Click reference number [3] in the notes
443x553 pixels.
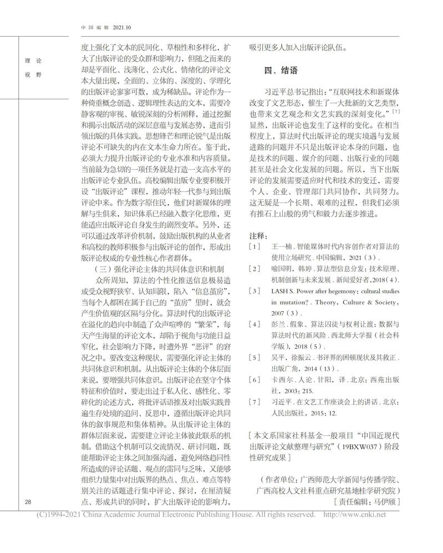click(254, 291)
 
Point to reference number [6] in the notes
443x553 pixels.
click(254, 379)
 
